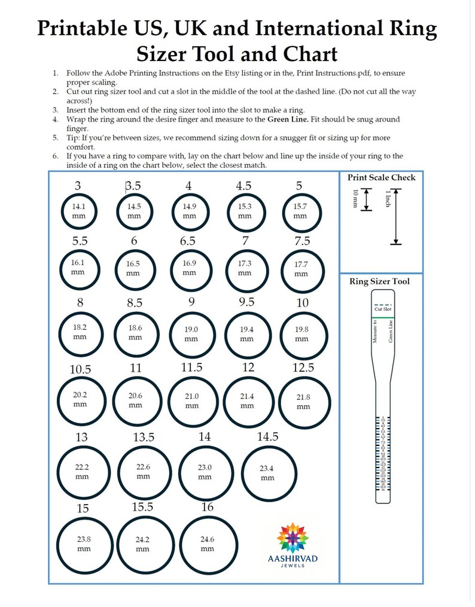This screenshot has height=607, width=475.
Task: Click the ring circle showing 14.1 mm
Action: [x=78, y=211]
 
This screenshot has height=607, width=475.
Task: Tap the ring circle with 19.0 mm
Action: [x=191, y=334]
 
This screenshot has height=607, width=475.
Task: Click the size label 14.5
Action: [x=267, y=436]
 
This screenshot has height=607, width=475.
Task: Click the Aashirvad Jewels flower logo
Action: [x=293, y=538]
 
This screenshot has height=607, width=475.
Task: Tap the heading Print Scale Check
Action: [x=381, y=177]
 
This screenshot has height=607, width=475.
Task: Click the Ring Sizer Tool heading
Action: [x=380, y=281]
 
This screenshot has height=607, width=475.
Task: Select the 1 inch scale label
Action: [x=388, y=198]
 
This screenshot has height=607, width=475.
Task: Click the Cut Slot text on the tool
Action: [x=382, y=309]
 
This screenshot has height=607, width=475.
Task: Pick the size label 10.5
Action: [x=80, y=369]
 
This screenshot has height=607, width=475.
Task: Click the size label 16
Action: [x=208, y=506]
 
